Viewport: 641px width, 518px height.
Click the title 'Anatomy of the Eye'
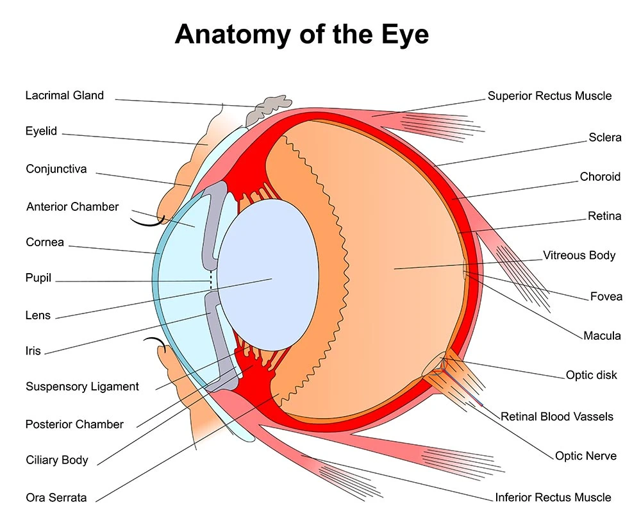(x=301, y=34)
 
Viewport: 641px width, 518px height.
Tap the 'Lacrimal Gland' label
(x=64, y=96)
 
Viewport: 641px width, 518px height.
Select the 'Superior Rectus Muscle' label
(x=549, y=96)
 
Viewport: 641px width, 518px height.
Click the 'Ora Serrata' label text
(x=56, y=497)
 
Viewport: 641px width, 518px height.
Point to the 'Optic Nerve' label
(x=585, y=456)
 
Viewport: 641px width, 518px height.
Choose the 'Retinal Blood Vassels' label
(x=556, y=417)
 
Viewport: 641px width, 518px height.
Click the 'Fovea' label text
(x=606, y=297)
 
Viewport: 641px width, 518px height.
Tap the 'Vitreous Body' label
(x=579, y=255)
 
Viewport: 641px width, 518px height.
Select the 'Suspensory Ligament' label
(x=82, y=387)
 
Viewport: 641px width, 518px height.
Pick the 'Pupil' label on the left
(x=38, y=279)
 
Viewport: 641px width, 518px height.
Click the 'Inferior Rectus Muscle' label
(x=553, y=497)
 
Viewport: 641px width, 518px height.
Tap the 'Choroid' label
(x=600, y=177)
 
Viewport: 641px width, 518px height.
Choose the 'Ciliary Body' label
(x=57, y=460)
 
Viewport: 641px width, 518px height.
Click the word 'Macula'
(x=602, y=336)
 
